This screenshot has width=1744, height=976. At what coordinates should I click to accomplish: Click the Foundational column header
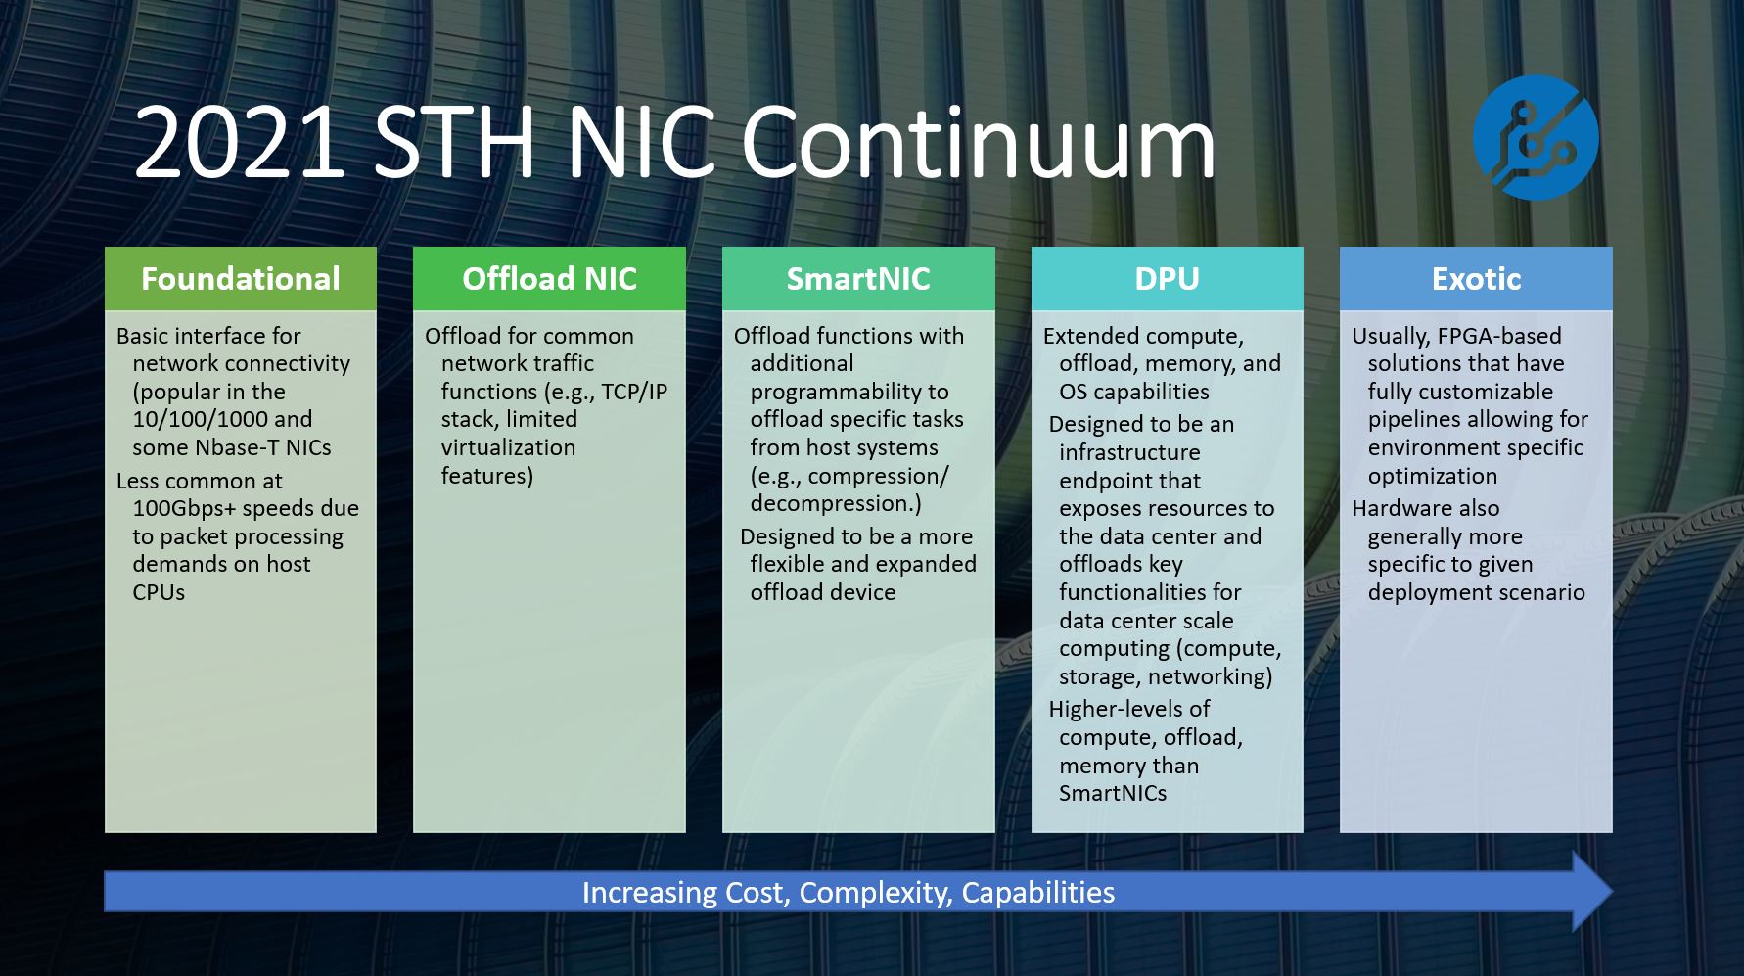pyautogui.click(x=241, y=279)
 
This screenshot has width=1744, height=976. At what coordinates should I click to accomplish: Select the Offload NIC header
pyautogui.click(x=549, y=279)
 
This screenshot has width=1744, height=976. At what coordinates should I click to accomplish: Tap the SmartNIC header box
pyautogui.click(x=858, y=279)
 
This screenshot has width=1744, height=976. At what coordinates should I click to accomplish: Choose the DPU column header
pyautogui.click(x=1168, y=279)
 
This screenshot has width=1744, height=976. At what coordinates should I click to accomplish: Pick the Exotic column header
pyautogui.click(x=1476, y=279)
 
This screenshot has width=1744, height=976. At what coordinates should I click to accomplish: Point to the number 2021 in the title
pyautogui.click(x=240, y=143)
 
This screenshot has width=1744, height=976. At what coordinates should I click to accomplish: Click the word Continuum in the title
pyautogui.click(x=978, y=143)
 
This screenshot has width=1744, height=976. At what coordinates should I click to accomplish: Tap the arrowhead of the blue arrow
pyautogui.click(x=1592, y=891)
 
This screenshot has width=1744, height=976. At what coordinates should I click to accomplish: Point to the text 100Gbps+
pyautogui.click(x=184, y=509)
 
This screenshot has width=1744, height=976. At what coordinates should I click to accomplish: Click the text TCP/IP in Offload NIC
pyautogui.click(x=634, y=392)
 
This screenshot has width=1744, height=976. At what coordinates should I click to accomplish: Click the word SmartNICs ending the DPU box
pyautogui.click(x=1113, y=793)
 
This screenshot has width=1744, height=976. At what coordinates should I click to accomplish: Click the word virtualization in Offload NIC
pyautogui.click(x=508, y=447)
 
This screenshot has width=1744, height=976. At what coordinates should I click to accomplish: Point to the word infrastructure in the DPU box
pyautogui.click(x=1129, y=452)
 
